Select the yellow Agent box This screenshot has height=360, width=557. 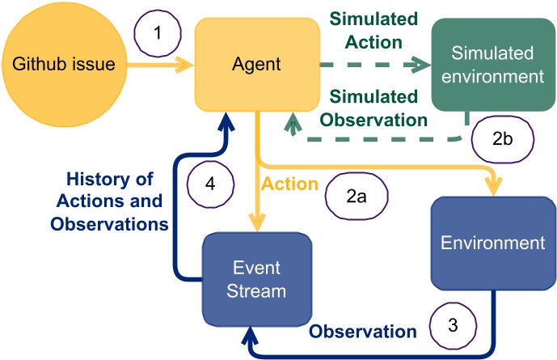257,63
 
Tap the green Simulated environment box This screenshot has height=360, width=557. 493,66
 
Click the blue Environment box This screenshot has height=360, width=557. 493,243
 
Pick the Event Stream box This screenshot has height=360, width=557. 257,280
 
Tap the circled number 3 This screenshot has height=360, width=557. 453,326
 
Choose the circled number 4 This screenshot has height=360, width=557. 209,184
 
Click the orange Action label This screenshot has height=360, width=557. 289,184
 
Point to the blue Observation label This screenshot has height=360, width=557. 363,331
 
